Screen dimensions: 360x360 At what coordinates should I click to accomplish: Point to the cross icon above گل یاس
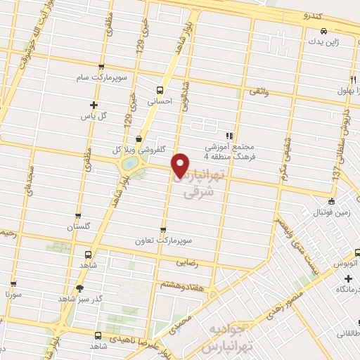tap(94, 104)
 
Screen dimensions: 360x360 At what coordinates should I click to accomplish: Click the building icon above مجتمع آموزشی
tap(229, 136)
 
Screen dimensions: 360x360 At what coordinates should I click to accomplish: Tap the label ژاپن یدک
tap(323, 42)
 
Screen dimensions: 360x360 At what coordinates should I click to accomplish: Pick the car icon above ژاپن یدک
tap(323, 32)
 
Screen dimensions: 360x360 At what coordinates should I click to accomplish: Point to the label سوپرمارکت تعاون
tap(165, 240)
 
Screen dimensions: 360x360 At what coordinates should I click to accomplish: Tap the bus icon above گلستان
tap(78, 217)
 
